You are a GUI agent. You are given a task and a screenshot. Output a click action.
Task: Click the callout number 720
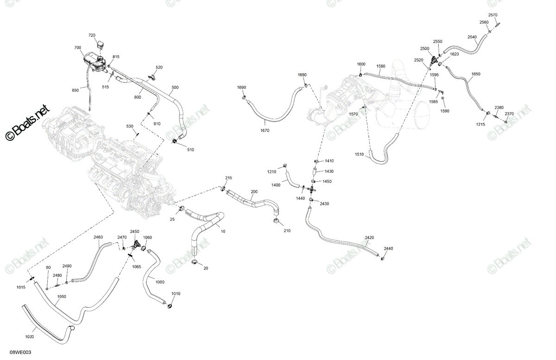[92, 35]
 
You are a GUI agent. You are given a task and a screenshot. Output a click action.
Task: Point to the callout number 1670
[265, 130]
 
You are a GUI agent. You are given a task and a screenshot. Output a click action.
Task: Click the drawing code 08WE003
[20, 352]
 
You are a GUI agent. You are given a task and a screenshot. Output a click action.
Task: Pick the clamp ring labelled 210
[276, 221]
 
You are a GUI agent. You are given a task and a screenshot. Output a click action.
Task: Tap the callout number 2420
[369, 238]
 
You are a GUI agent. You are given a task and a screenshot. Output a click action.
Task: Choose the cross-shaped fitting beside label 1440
[312, 190]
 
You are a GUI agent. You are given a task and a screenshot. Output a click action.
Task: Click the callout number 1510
[359, 154]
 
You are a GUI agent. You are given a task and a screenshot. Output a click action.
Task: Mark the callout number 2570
[493, 15]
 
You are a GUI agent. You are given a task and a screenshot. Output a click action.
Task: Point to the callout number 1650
[476, 74]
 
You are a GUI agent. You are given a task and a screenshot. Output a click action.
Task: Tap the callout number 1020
[30, 337]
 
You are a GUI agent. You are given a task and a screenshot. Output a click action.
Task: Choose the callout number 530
[130, 126]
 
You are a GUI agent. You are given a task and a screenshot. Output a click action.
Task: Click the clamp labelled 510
[175, 141]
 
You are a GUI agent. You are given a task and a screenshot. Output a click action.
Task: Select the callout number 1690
[241, 88]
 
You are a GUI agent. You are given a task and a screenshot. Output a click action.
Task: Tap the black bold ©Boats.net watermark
[27, 123]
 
